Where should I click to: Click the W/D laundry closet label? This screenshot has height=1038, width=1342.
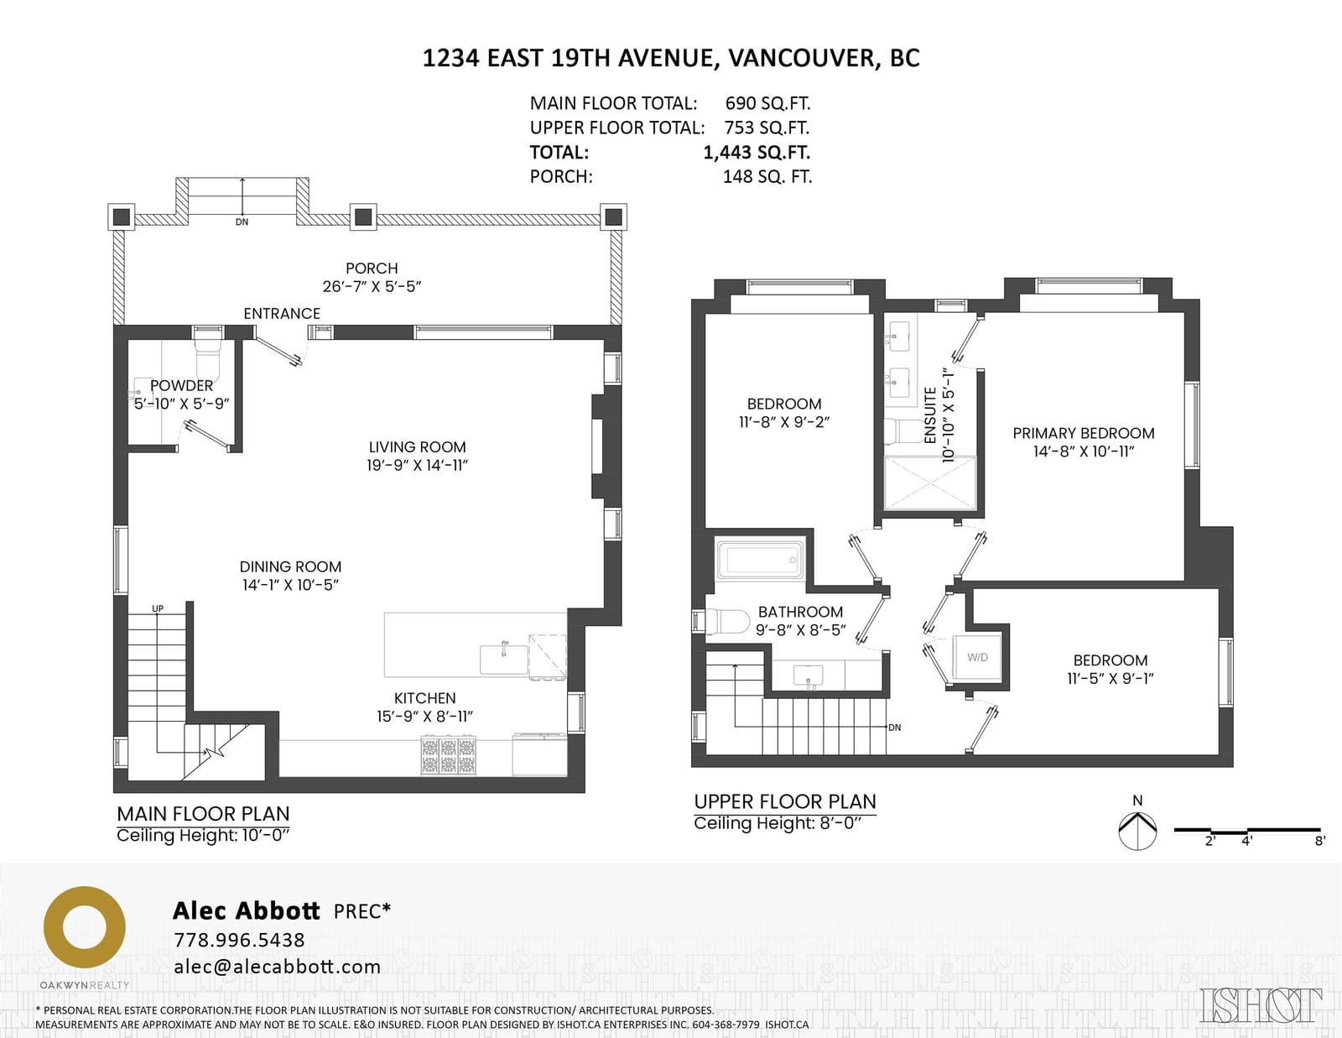point(977,657)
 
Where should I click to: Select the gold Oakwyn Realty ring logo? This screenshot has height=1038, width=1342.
point(84,928)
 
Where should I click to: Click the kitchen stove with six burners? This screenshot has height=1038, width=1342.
point(448,754)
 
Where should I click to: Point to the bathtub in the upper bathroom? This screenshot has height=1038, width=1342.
point(760,560)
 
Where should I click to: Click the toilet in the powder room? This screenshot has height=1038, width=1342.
point(207,357)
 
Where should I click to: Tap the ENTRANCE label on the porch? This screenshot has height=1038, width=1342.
point(282,314)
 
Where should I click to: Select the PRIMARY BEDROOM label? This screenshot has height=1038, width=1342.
point(1083,433)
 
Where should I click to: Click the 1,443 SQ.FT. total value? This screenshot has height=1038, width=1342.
point(757,152)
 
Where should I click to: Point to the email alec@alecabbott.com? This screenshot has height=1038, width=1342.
point(278,967)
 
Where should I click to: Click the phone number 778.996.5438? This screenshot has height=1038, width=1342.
point(240,940)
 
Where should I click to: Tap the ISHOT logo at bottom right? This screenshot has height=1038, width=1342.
point(1261,1004)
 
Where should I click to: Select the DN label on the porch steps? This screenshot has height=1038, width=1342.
point(242,222)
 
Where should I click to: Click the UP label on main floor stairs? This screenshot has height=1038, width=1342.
point(158,608)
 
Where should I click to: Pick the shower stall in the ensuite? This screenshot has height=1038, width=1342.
point(930,483)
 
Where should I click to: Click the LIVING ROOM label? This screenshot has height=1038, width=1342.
point(418,446)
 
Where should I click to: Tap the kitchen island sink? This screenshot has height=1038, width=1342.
point(504,659)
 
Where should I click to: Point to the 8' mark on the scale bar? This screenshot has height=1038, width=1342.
point(1319,841)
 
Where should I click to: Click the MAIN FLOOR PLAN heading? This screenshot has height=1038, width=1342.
point(203,814)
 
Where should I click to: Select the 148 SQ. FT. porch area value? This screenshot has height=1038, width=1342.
point(767,177)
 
